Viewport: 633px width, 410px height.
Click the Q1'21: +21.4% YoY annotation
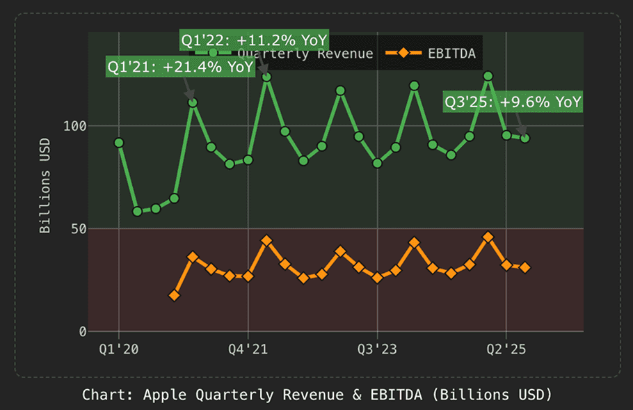[x=179, y=68]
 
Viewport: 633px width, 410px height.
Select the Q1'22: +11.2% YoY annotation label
[x=254, y=40]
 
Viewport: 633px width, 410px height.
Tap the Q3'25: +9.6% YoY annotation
[x=513, y=102]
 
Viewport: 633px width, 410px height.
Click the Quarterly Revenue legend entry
[x=306, y=53]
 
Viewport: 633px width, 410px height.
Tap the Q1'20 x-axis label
[x=119, y=347]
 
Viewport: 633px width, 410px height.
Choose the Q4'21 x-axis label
[x=248, y=347]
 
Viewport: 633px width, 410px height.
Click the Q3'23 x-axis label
[x=377, y=347]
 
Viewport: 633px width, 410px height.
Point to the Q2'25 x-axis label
[x=506, y=347]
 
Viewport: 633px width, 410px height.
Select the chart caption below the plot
[x=316, y=395]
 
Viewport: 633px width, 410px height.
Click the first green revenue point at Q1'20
[x=119, y=143]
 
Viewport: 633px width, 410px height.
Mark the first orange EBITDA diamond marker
[x=174, y=296]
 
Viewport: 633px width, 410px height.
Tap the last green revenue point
[x=524, y=138]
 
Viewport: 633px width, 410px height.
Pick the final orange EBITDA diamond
[x=524, y=268]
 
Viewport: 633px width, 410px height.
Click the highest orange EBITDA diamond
[x=488, y=237]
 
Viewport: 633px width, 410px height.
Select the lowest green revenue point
[x=137, y=212]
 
